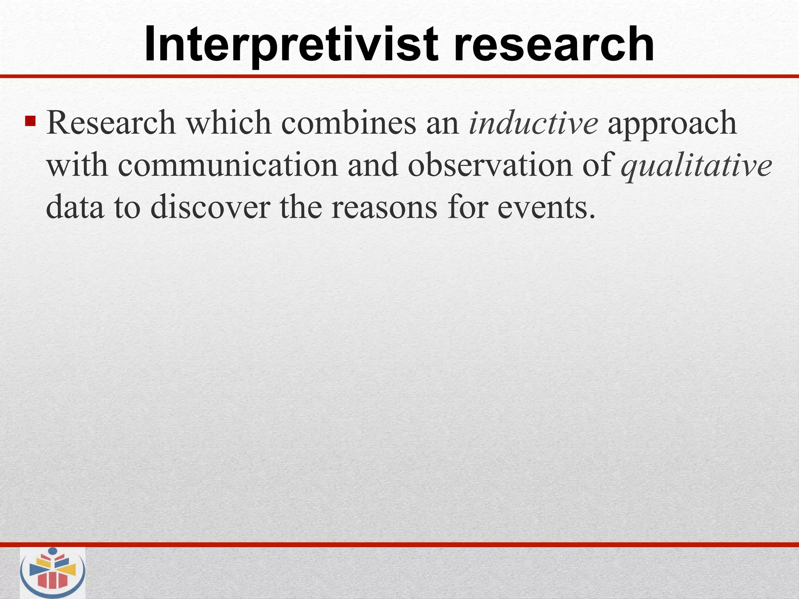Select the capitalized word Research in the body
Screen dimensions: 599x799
111,123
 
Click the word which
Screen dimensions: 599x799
228,123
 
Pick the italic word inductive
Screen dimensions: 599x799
533,123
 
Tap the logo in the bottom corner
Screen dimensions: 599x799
53,572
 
